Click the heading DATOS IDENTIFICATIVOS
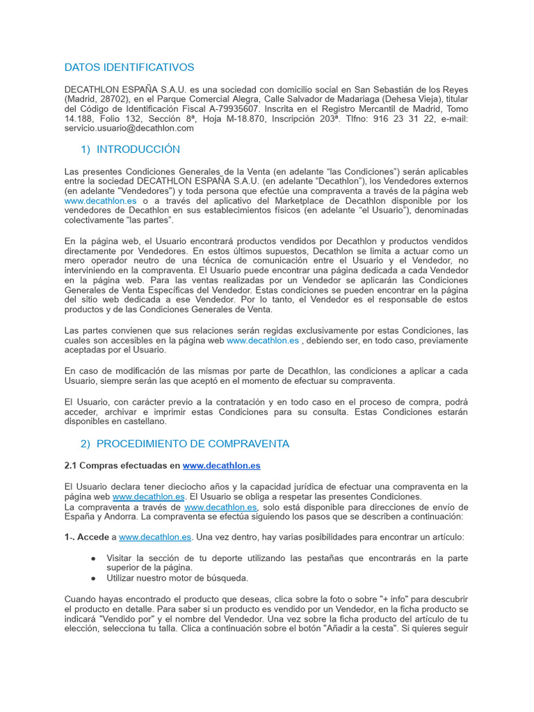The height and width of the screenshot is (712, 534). (x=129, y=67)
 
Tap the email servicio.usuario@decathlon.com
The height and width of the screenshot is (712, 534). (x=129, y=128)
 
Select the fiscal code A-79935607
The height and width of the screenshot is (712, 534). (x=229, y=109)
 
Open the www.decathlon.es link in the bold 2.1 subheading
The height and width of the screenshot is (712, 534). (x=221, y=465)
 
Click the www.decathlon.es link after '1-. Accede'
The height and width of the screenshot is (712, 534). (x=155, y=537)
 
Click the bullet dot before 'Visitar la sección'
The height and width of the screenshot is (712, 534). (x=94, y=558)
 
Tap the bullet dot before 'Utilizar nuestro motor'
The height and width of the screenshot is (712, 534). (x=94, y=578)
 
